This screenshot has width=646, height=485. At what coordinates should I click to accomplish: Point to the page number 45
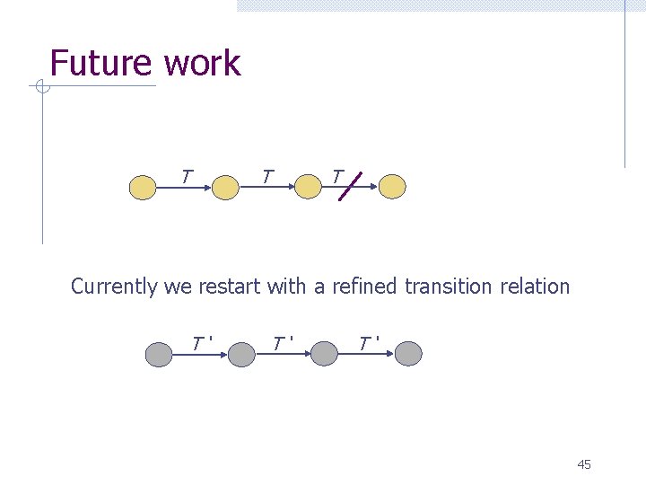(x=584, y=464)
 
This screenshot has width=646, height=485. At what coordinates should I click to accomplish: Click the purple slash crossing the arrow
(x=351, y=185)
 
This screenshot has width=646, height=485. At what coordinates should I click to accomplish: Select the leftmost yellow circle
(x=143, y=187)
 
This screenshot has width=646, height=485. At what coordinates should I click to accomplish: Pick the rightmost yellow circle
(x=392, y=186)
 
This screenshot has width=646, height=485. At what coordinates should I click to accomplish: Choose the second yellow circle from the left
(x=225, y=187)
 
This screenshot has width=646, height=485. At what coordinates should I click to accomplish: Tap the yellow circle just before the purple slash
(x=309, y=187)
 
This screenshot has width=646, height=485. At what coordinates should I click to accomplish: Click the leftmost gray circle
(x=160, y=354)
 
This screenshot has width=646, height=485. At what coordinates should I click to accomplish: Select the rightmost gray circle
(x=408, y=354)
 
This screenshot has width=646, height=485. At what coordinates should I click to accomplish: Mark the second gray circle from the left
(x=241, y=355)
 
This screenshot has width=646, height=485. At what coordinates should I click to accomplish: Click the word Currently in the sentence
(x=115, y=287)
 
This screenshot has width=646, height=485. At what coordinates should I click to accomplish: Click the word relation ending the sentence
(x=535, y=287)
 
